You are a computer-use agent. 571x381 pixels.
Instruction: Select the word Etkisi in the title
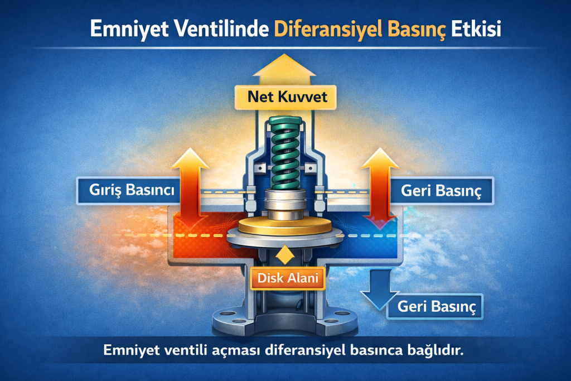coord(476,29)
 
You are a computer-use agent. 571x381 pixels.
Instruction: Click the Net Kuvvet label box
coord(285,97)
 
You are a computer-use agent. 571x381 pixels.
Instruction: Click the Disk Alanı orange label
coord(288,278)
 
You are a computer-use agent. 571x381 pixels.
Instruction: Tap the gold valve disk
coord(285,226)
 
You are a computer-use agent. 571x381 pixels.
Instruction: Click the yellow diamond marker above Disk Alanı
coord(285,254)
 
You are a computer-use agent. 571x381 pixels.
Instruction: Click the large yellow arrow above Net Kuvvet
coord(284,70)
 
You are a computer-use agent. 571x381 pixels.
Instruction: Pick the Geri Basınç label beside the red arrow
coord(442,191)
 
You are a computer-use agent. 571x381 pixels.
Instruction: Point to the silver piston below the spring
coord(285,204)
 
